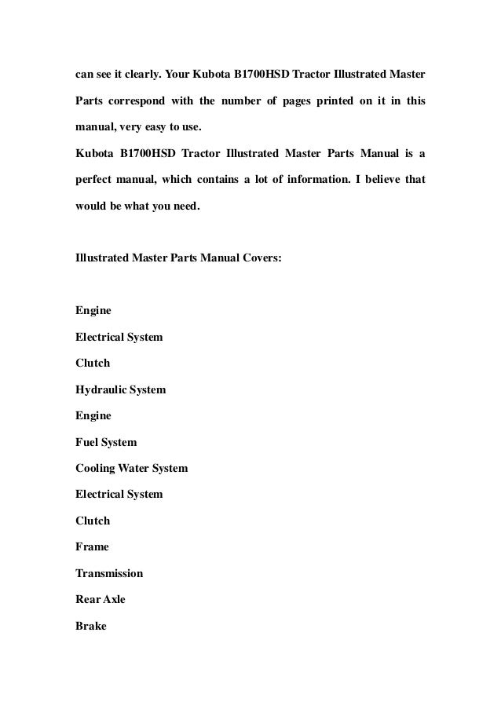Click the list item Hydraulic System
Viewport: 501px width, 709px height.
pyautogui.click(x=120, y=389)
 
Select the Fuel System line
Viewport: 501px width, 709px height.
pyautogui.click(x=105, y=442)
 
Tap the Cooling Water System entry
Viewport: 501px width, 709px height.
pyautogui.click(x=131, y=469)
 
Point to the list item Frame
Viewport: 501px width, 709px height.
pyautogui.click(x=92, y=547)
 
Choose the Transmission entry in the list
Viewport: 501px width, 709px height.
pyautogui.click(x=108, y=573)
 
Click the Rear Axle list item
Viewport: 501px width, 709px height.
pyautogui.click(x=100, y=600)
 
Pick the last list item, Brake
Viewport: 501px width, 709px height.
pyautogui.click(x=90, y=626)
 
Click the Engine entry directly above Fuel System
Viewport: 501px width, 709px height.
pyautogui.click(x=93, y=415)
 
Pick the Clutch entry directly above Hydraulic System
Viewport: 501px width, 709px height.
pyautogui.click(x=92, y=364)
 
